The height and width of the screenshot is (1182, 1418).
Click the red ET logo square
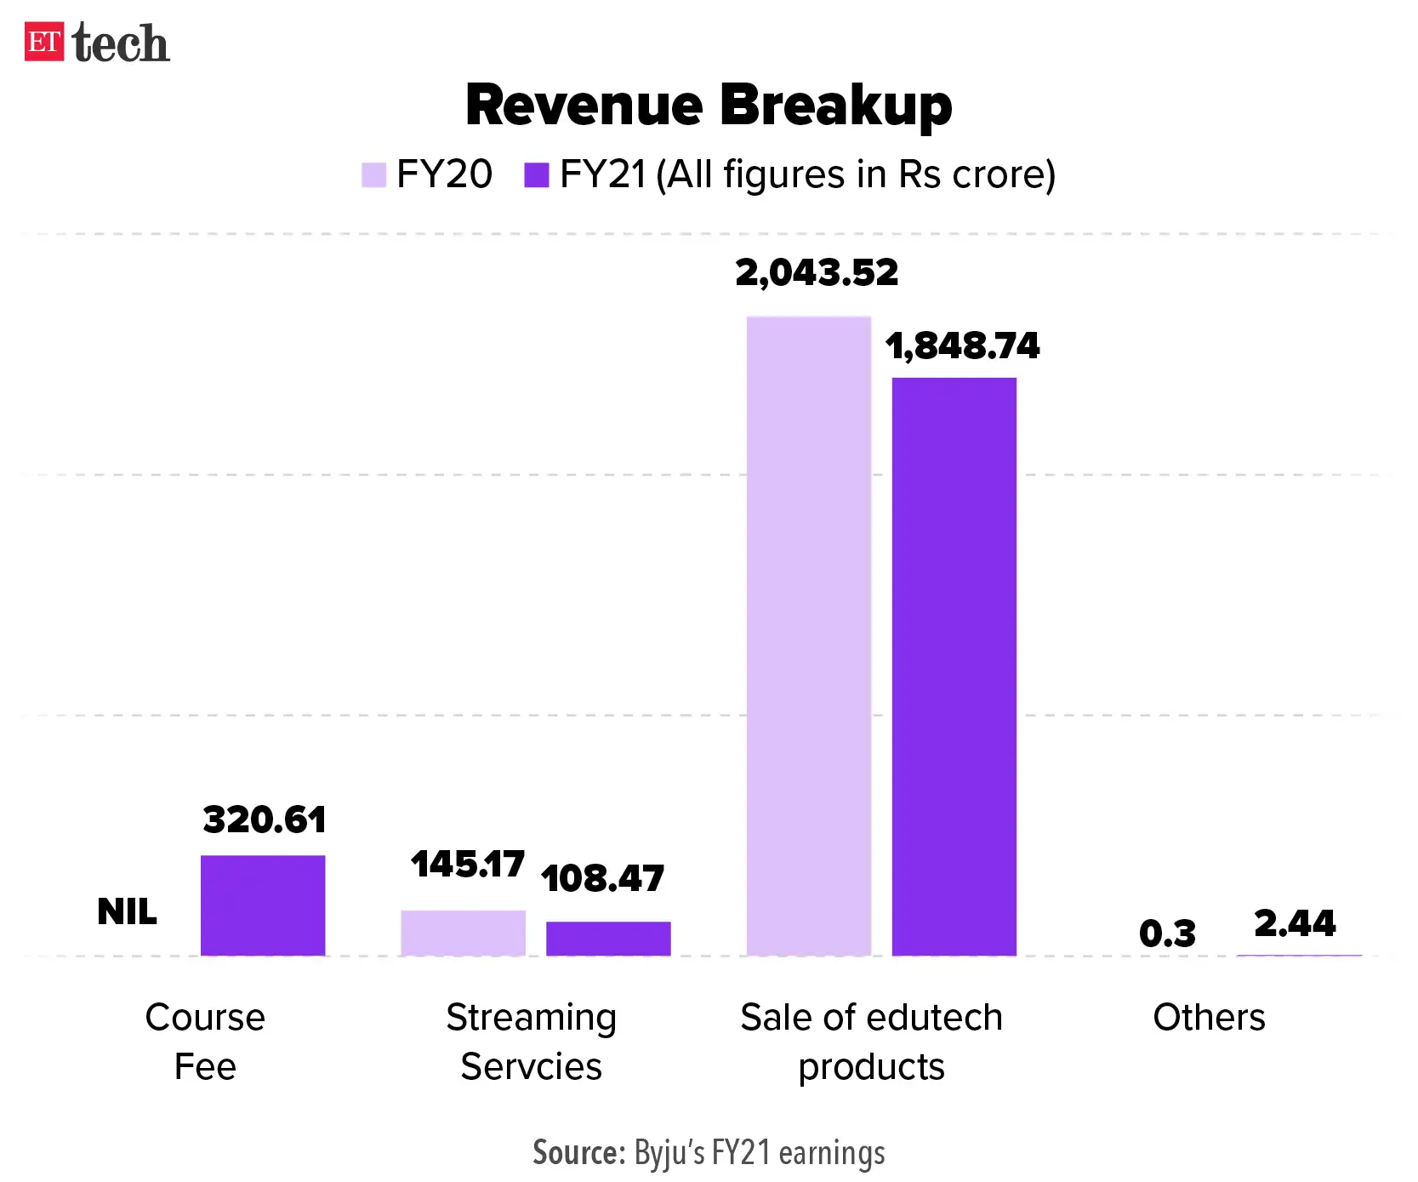click(x=44, y=43)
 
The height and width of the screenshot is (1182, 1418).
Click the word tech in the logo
click(x=121, y=44)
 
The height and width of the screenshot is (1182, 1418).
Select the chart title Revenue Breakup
click(x=709, y=106)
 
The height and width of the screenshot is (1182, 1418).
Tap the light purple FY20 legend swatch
click(x=373, y=174)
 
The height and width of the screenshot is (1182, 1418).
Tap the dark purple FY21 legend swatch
click(x=536, y=174)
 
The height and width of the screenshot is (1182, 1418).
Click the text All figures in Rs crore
click(x=856, y=174)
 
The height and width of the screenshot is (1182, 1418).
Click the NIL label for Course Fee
click(x=127, y=911)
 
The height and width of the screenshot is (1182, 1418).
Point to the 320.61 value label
click(x=265, y=819)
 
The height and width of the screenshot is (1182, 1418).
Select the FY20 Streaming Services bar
click(x=463, y=933)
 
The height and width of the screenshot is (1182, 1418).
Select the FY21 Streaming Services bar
click(x=608, y=938)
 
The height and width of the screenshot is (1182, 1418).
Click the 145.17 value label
click(x=467, y=864)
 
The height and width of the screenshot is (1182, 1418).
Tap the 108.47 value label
click(x=602, y=878)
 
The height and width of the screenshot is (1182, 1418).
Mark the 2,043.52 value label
click(x=817, y=272)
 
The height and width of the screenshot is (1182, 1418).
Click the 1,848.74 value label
click(x=962, y=345)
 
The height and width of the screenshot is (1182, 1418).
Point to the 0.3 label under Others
click(x=1167, y=934)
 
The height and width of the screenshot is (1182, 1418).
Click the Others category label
click(x=1209, y=1017)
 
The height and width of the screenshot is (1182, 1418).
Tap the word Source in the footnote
click(x=578, y=1153)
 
